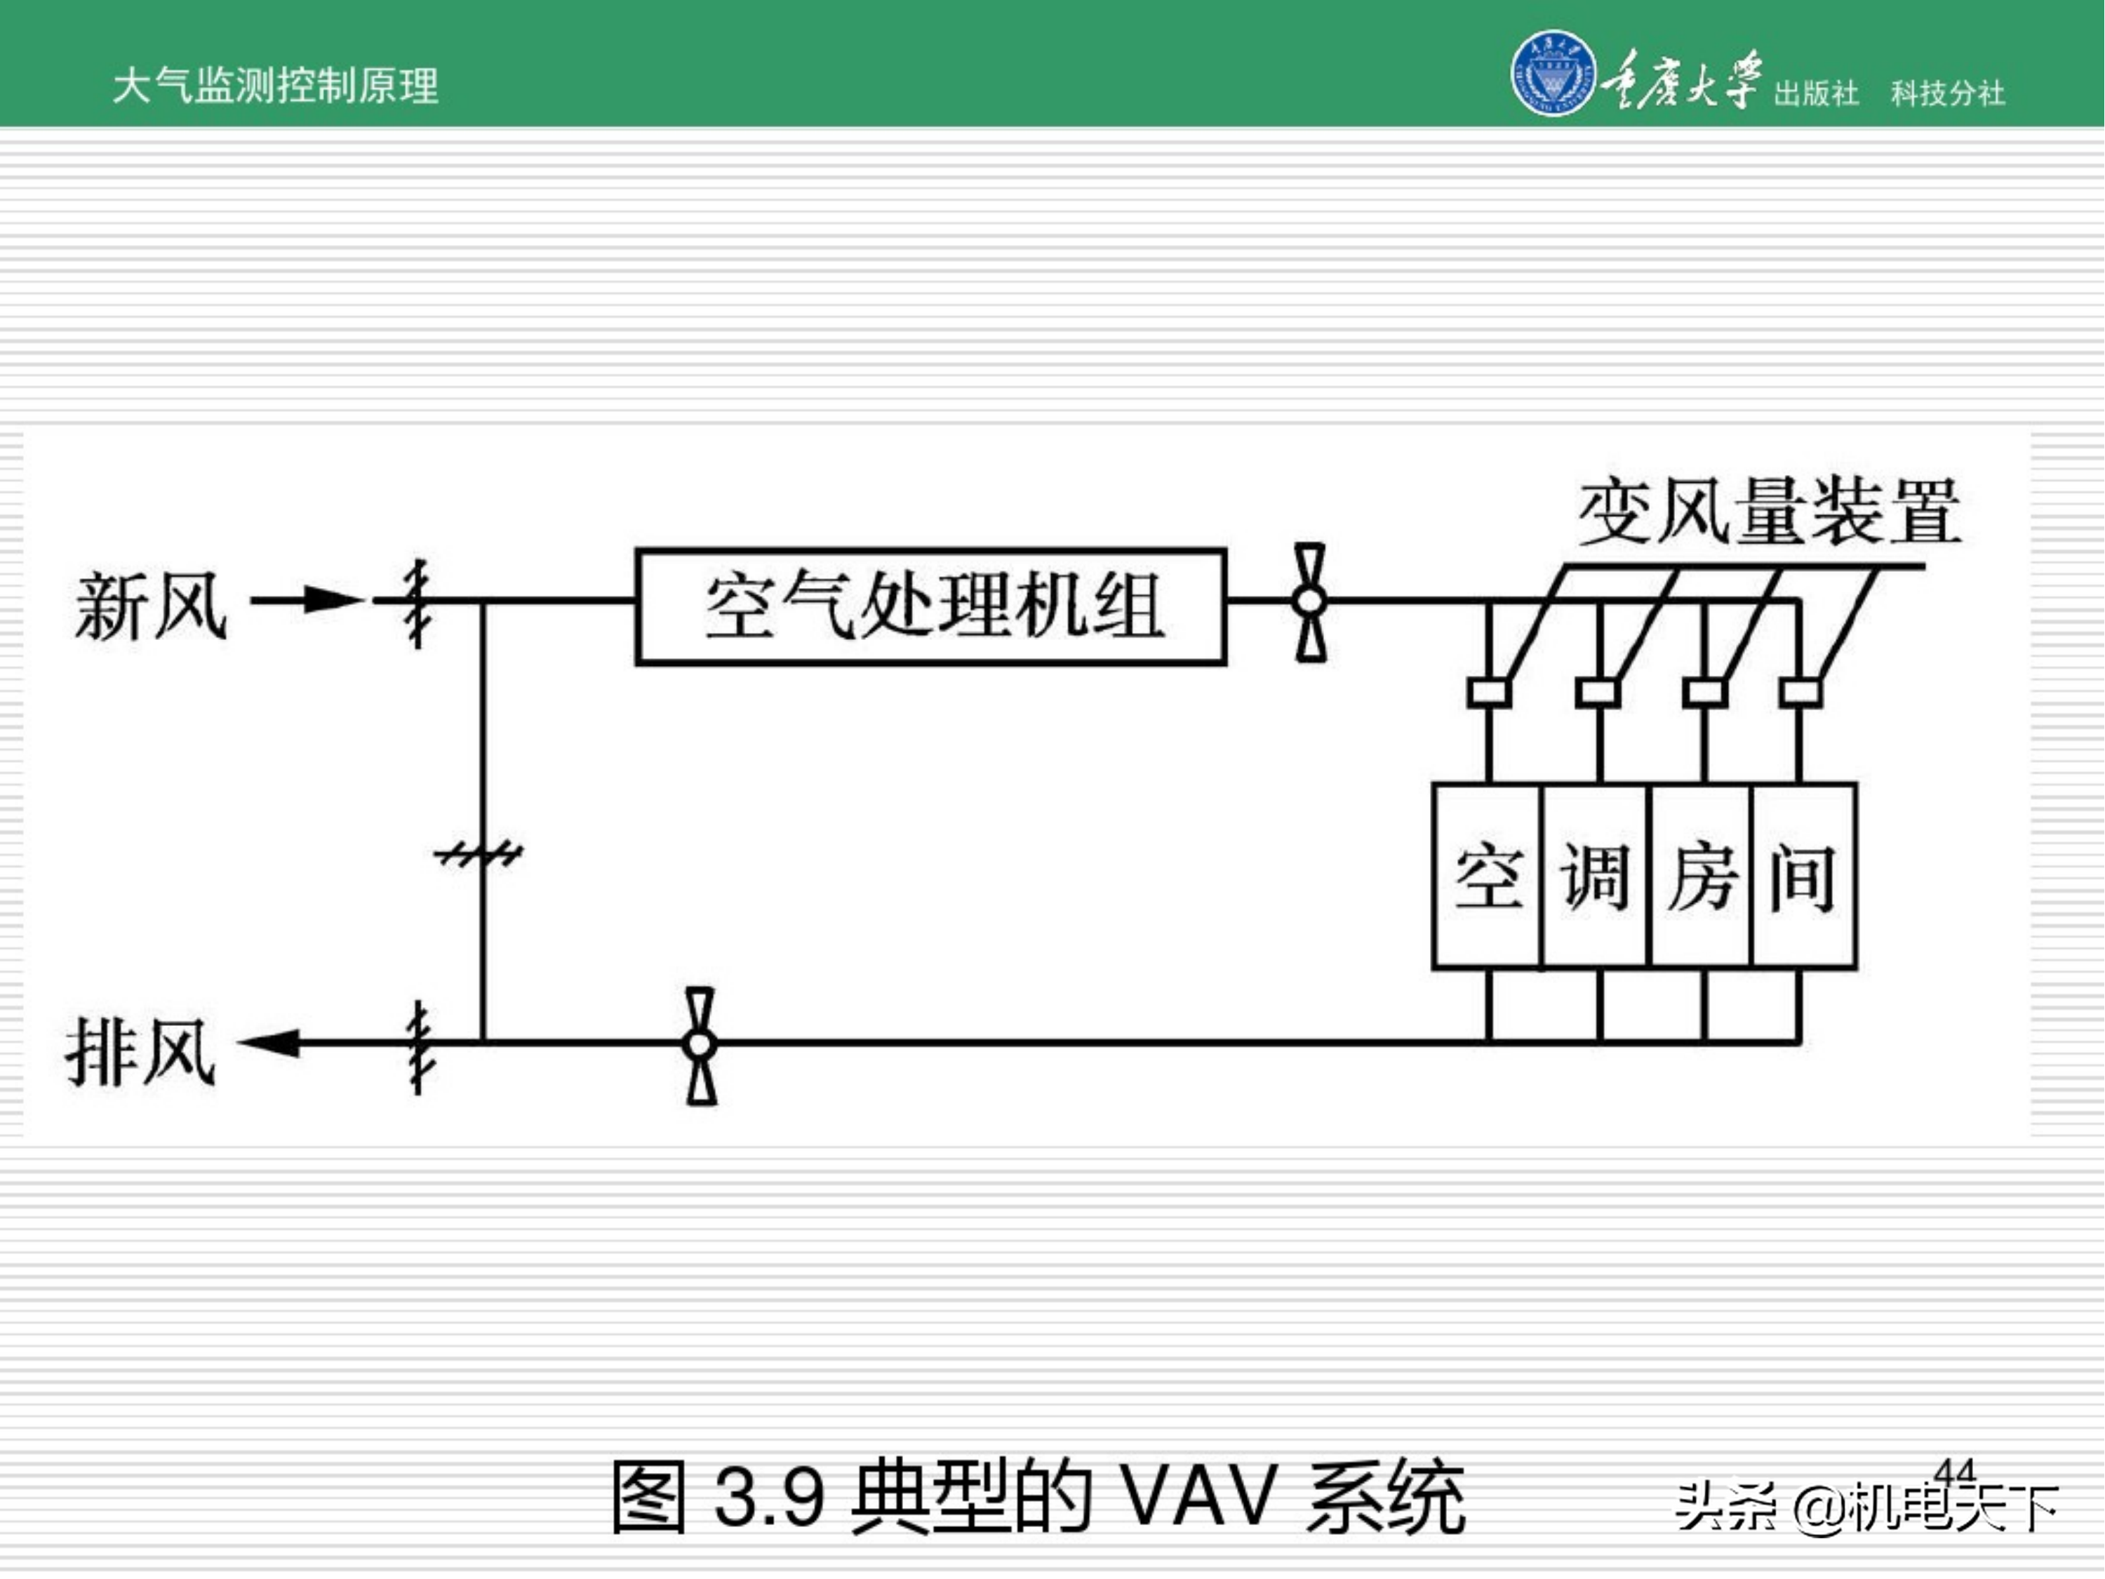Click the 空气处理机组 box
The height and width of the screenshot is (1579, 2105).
tap(930, 606)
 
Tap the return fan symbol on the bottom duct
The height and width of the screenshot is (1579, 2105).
tap(700, 1045)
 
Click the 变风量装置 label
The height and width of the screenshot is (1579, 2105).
tap(1768, 512)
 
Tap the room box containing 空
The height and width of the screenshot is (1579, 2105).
tap(1486, 876)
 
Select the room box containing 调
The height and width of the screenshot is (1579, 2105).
tap(1595, 876)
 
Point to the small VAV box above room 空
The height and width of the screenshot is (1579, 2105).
tap(1488, 692)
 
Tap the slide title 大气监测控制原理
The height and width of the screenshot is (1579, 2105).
tap(275, 86)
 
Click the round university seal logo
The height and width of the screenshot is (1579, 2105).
tap(1553, 73)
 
